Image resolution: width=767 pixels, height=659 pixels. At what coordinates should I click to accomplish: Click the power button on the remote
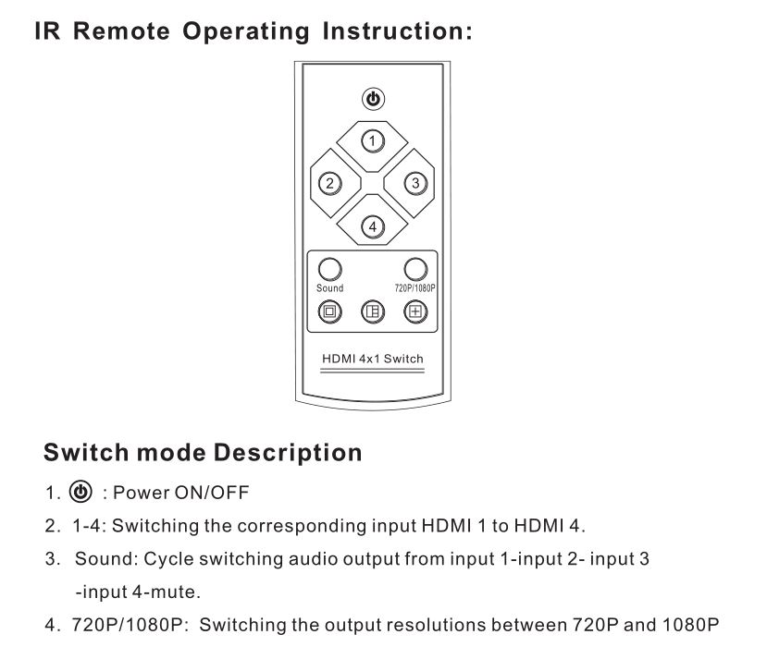pos(373,99)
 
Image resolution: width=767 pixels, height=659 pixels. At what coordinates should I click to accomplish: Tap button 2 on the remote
pos(329,184)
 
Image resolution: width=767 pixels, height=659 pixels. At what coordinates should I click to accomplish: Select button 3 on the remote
pos(415,183)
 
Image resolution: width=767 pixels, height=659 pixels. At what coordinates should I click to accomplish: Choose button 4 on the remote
pos(373,226)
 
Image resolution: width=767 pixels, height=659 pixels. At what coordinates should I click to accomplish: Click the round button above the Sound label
pos(329,269)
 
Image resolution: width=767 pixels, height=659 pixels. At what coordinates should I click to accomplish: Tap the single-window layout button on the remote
pos(329,311)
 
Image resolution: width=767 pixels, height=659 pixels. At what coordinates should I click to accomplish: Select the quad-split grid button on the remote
pos(415,311)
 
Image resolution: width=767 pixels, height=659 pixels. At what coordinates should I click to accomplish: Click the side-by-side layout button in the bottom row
pos(373,311)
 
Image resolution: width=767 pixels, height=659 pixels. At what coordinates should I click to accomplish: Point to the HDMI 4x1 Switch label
pos(373,359)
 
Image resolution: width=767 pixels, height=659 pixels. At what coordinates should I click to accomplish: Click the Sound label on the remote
pos(329,288)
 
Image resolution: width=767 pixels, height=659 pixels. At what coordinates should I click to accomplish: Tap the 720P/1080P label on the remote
pos(414,288)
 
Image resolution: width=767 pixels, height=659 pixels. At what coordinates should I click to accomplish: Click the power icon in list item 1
pos(80,492)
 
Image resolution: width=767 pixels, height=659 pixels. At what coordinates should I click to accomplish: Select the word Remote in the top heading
pos(121,31)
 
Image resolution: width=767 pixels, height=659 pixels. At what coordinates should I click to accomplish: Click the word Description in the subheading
pos(288,452)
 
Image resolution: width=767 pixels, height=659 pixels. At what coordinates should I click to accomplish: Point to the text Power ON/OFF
pos(181,493)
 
